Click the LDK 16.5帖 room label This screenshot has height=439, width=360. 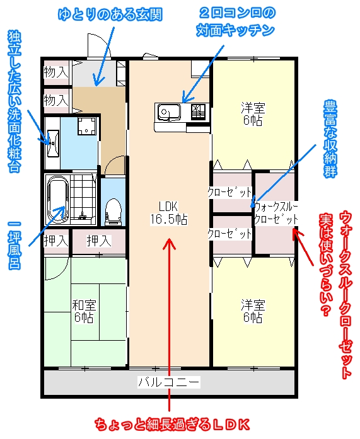[169, 213]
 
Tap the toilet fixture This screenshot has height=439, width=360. [113, 212]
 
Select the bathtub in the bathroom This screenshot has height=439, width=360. [58, 199]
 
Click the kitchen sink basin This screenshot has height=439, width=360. [169, 112]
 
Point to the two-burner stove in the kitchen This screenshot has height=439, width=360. [199, 111]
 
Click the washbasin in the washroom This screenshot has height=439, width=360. [53, 144]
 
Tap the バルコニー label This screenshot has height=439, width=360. [169, 382]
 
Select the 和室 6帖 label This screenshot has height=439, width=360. [84, 311]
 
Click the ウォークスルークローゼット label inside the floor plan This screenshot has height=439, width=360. [276, 214]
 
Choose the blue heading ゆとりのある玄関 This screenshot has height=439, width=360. [110, 14]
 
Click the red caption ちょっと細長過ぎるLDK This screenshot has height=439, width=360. [172, 425]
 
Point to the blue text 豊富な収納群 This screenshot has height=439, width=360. [330, 139]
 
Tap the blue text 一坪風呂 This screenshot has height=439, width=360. [15, 245]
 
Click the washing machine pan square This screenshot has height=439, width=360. [86, 126]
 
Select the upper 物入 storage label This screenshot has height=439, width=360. [56, 72]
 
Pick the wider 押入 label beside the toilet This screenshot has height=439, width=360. [99, 241]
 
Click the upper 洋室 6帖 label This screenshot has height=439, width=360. [253, 114]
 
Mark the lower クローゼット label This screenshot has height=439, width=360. [229, 234]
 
